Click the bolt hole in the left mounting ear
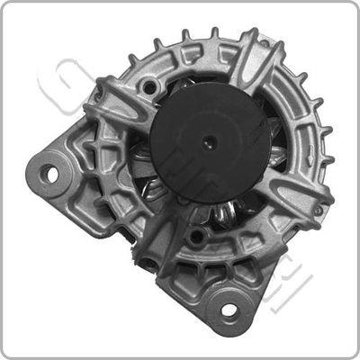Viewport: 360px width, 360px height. coord(51,171)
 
